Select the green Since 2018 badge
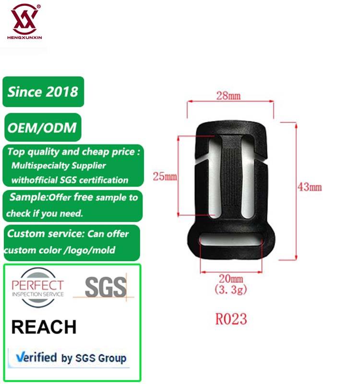pos(43,91)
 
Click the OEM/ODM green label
pos(42,128)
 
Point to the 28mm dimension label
pos(228,96)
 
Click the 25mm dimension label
pos(165,176)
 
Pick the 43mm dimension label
pos(310,187)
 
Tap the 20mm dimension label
pos(231,278)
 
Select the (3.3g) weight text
pos(231,288)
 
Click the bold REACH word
pos(44,327)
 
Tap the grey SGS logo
pos(105,287)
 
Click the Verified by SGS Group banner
pos(71,358)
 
